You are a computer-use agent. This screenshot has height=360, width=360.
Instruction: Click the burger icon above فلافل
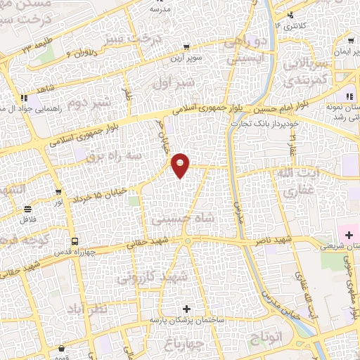pyautogui.click(x=27, y=210)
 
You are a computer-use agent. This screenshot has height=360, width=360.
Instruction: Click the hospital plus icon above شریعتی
pyautogui.click(x=347, y=233)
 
